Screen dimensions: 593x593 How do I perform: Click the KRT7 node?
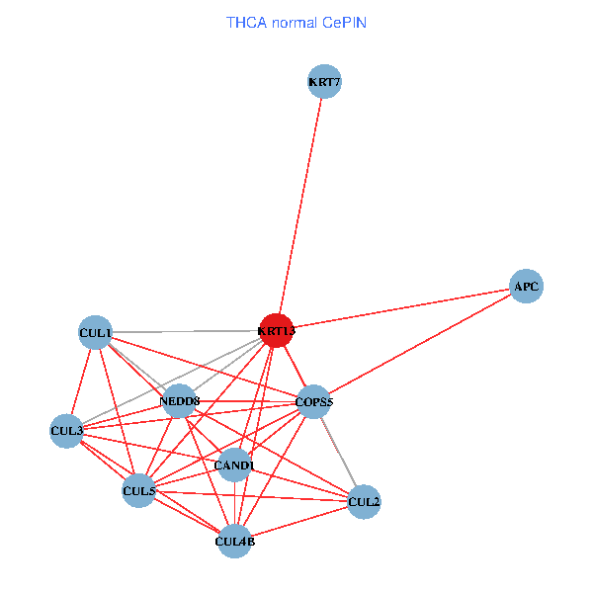click(324, 82)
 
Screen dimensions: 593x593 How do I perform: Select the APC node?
click(526, 287)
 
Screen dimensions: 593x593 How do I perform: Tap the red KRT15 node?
click(277, 331)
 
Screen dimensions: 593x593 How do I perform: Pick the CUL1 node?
click(96, 333)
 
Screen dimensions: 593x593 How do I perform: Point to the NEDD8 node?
click(179, 401)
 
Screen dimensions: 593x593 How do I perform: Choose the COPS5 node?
click(314, 401)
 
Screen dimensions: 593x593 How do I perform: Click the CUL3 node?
click(66, 431)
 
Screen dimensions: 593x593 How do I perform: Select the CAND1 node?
click(234, 465)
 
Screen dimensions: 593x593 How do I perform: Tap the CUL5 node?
click(138, 490)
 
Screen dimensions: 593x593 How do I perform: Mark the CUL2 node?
click(364, 502)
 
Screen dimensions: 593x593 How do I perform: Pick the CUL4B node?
click(234, 541)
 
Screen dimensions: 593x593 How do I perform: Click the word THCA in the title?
click(246, 22)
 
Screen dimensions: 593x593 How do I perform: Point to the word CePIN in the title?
click(345, 22)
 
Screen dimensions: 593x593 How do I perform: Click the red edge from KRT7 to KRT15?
click(300, 207)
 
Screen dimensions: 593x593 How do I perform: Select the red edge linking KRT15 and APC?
click(401, 308)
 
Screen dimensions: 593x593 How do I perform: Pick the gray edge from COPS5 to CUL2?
click(339, 452)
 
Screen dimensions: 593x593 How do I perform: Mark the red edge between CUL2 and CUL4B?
click(298, 522)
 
